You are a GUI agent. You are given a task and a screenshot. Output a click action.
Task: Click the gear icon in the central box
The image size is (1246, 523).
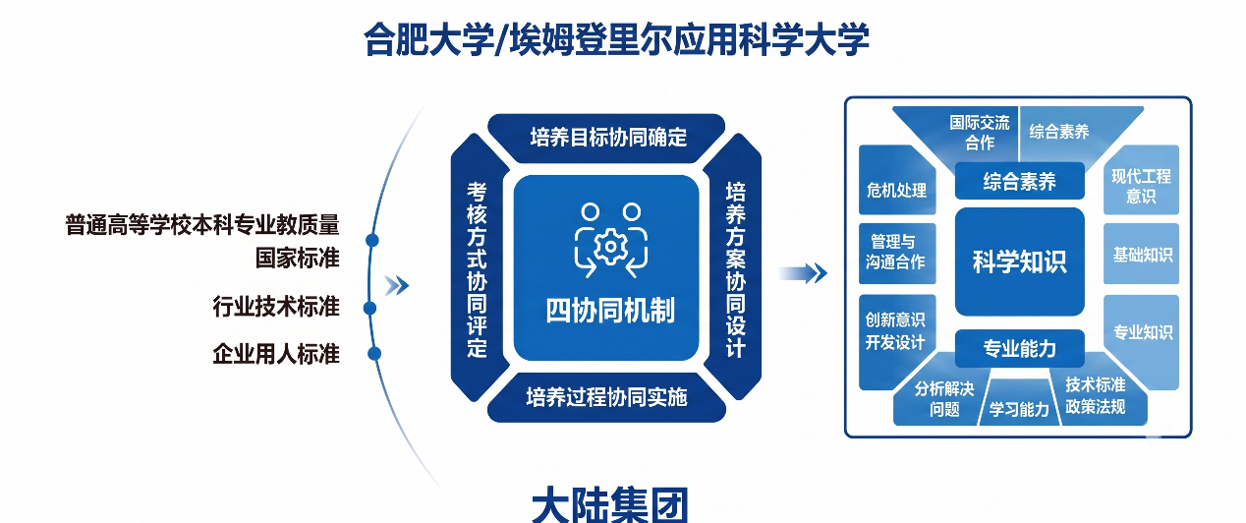click(x=610, y=246)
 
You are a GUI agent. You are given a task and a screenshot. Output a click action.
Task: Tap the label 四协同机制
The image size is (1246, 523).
click(x=610, y=311)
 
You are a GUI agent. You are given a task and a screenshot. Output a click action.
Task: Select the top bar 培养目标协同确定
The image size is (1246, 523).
click(x=606, y=138)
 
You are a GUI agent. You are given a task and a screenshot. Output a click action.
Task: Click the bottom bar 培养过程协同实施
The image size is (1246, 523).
click(x=606, y=397)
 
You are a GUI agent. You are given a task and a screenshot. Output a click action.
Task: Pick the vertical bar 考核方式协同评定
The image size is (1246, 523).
click(x=478, y=268)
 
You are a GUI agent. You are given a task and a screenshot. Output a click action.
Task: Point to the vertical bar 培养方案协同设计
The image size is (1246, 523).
click(x=734, y=268)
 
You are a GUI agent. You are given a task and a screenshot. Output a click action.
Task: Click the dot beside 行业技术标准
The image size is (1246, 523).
click(x=369, y=309)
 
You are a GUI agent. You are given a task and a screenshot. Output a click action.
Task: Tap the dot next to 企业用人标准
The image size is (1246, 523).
click(x=374, y=353)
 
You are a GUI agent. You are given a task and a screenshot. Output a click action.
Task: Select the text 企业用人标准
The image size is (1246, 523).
click(x=276, y=354)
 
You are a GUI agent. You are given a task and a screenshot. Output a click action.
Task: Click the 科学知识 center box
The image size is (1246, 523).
click(x=1020, y=261)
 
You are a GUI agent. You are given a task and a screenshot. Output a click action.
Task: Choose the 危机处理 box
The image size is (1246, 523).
click(x=897, y=180)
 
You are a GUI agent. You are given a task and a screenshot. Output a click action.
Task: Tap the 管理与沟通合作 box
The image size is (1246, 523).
click(x=897, y=254)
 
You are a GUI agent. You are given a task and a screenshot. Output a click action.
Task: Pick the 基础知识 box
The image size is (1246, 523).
click(x=1142, y=254)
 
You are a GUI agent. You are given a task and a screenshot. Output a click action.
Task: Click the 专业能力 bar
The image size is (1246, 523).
click(x=1020, y=348)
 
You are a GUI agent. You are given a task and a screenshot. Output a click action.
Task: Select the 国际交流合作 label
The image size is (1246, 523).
click(x=980, y=133)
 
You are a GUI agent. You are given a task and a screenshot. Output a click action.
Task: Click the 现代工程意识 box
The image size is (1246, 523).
click(x=1142, y=180)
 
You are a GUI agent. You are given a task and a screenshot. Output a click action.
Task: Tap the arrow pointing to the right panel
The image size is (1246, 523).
click(x=803, y=273)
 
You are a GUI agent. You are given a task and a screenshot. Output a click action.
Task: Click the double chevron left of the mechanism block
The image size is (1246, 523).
click(x=397, y=286)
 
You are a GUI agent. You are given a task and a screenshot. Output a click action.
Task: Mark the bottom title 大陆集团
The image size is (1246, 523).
click(x=610, y=505)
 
